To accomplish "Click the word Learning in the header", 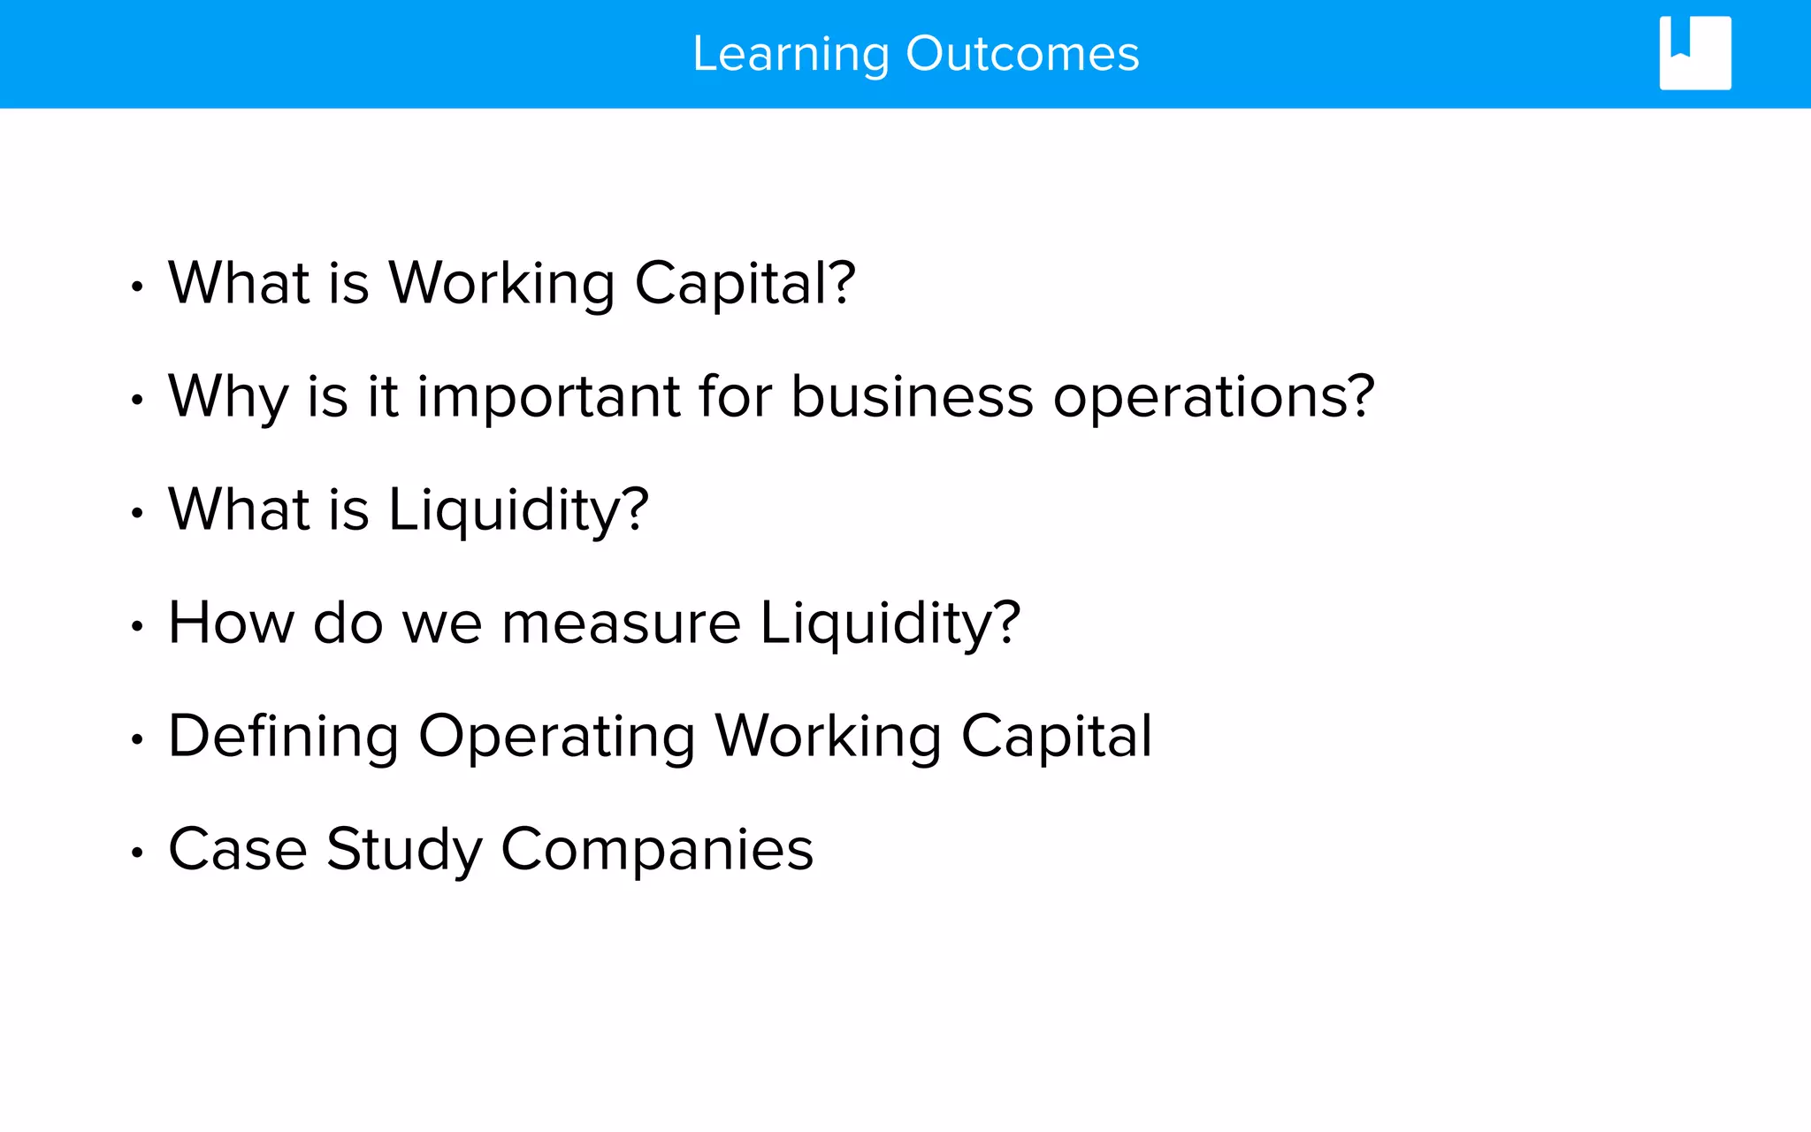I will [x=791, y=55].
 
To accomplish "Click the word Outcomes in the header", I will [x=1022, y=55].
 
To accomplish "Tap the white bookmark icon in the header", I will [x=1694, y=53].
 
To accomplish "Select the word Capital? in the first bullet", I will [x=745, y=284].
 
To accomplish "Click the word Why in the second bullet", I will [x=227, y=397].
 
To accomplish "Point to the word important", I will [x=548, y=397].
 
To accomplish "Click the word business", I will [x=911, y=397].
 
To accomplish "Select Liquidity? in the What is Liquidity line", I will [x=518, y=510].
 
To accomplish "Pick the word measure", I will [x=621, y=623].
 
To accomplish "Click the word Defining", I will [x=283, y=737].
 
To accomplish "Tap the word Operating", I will [x=556, y=737].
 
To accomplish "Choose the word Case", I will [x=237, y=850].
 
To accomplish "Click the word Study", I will [x=404, y=850].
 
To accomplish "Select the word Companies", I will [x=656, y=850].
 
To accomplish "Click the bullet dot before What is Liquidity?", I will [x=136, y=514].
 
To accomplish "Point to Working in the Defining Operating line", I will [x=828, y=737].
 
